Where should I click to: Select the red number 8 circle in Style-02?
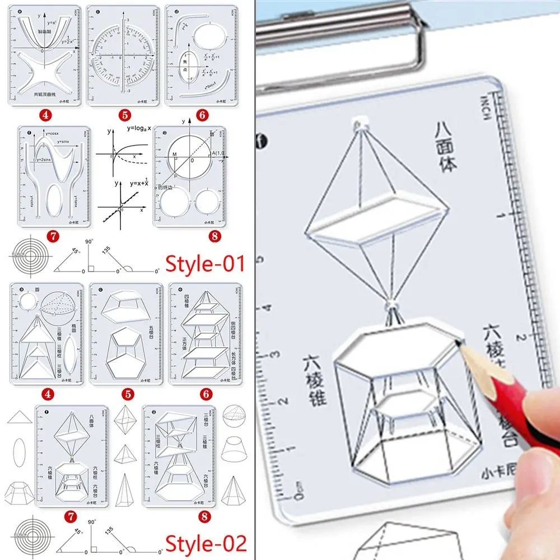tap(206, 516)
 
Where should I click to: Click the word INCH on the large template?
tap(485, 106)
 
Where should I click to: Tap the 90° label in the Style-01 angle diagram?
tap(88, 242)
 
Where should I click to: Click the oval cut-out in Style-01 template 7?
tap(54, 199)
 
